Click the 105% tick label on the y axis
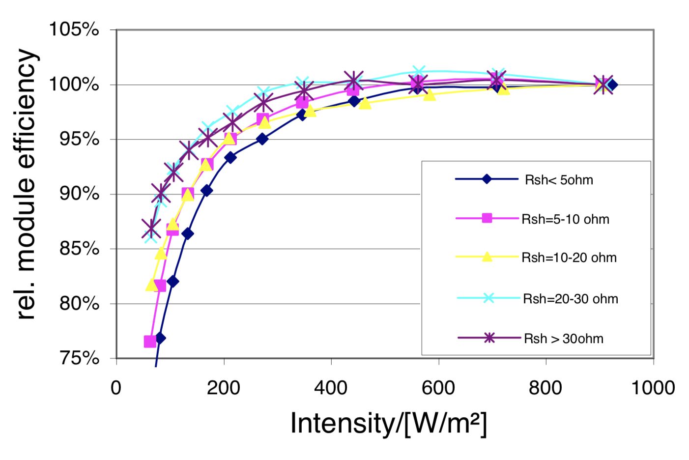(74, 30)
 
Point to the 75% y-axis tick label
(79, 358)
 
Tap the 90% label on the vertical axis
(79, 194)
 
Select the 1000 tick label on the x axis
(653, 388)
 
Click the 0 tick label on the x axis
(116, 388)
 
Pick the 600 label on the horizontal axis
(438, 388)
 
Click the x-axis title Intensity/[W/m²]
(389, 423)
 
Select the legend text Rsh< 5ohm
(559, 180)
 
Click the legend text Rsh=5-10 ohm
(565, 219)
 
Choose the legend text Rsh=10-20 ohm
(569, 258)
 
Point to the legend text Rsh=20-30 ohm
(570, 299)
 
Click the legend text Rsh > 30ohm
(564, 339)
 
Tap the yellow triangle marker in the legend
(487, 257)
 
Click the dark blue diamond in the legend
(487, 179)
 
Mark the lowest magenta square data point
(150, 341)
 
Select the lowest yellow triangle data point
(152, 285)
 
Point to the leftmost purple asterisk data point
(151, 229)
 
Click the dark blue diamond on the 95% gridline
(262, 139)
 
